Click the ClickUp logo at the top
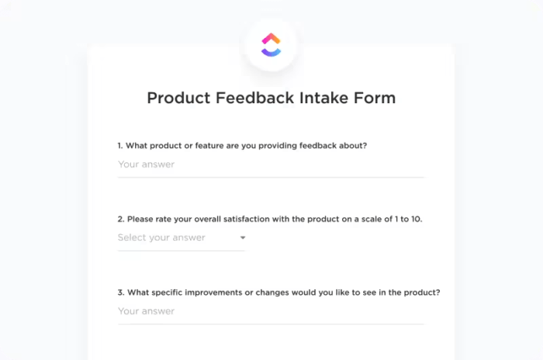click(x=271, y=43)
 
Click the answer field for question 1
click(x=271, y=164)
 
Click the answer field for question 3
click(x=271, y=311)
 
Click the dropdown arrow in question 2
click(x=242, y=238)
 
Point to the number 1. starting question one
click(x=121, y=146)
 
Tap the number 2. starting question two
click(x=121, y=220)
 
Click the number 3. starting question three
click(x=121, y=292)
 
